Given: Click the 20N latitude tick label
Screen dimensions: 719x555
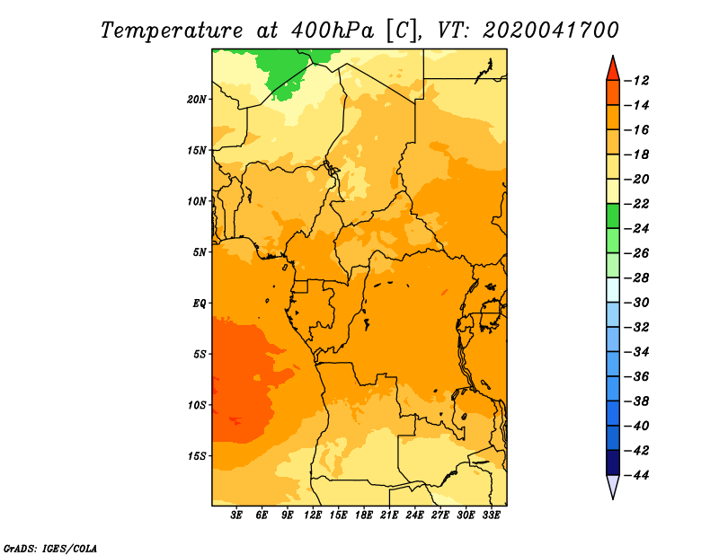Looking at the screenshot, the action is coord(196,100).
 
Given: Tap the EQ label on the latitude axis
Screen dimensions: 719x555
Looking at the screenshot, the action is coord(199,304).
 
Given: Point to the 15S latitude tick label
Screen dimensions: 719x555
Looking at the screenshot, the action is coord(196,456).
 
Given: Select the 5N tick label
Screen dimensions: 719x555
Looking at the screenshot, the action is coord(199,252).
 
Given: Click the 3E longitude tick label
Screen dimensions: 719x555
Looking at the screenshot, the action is coord(236,515).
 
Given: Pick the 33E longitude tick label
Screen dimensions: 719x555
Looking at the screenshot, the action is coord(491,515).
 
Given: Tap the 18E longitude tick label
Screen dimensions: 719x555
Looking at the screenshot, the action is coord(364,515).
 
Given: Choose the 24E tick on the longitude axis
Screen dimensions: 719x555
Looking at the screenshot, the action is coord(414,515).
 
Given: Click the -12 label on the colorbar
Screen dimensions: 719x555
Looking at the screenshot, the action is coord(637,81).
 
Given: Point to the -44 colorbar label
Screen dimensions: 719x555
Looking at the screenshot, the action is coord(637,475).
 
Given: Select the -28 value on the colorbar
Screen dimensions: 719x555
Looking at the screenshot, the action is coord(637,278).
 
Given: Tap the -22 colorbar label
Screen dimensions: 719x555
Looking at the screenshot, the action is coord(637,204).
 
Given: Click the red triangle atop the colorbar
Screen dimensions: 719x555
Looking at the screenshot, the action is coord(613,70).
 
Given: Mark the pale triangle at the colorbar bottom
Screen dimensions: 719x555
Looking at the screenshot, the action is coord(613,486).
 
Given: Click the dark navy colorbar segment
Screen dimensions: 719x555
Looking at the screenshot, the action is coord(613,462).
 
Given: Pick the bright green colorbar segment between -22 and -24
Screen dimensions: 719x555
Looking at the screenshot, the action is coord(613,216).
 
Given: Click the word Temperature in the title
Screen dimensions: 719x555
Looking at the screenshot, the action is coord(172,31).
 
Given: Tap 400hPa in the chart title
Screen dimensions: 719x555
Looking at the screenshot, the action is coord(332,31).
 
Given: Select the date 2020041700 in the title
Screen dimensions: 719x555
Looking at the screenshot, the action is coord(551,31).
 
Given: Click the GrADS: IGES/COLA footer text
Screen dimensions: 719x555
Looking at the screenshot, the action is coord(50,549).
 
